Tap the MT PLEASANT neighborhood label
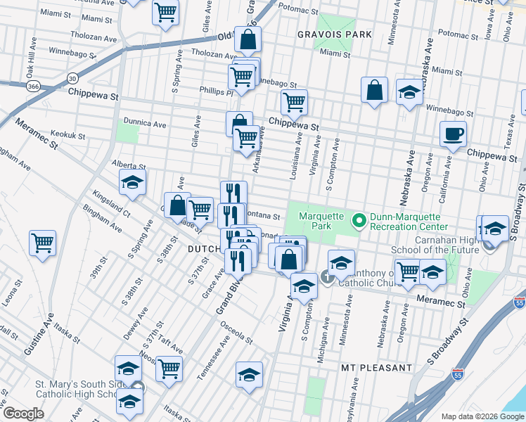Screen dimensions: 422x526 pos(376,368)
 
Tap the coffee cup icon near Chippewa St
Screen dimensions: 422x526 pos(453,134)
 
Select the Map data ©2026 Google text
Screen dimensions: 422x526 pos(482,416)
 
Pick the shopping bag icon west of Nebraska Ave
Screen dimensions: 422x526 pos(374,90)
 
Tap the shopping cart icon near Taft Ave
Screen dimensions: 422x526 pos(169,368)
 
